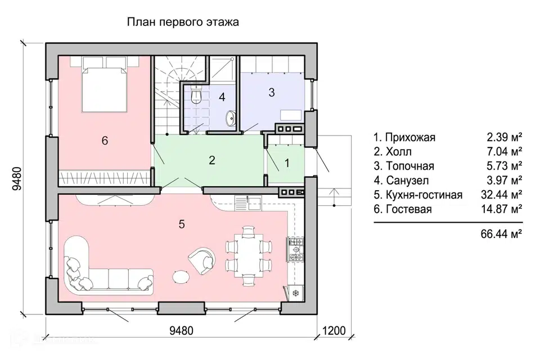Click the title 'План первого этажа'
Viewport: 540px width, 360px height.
pyautogui.click(x=183, y=22)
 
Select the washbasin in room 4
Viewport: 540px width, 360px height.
pyautogui.click(x=231, y=118)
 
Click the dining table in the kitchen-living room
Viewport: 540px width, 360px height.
pyautogui.click(x=248, y=255)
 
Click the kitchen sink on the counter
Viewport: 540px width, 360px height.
pyautogui.click(x=248, y=201)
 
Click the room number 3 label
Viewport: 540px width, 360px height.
pyautogui.click(x=271, y=93)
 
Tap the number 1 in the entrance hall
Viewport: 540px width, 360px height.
pyautogui.click(x=286, y=164)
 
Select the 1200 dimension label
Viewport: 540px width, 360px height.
pyautogui.click(x=331, y=331)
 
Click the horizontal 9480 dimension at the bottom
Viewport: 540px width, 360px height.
pyautogui.click(x=181, y=331)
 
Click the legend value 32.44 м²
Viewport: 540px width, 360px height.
pyautogui.click(x=501, y=195)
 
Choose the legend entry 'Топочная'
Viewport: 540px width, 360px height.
pyautogui.click(x=403, y=166)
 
